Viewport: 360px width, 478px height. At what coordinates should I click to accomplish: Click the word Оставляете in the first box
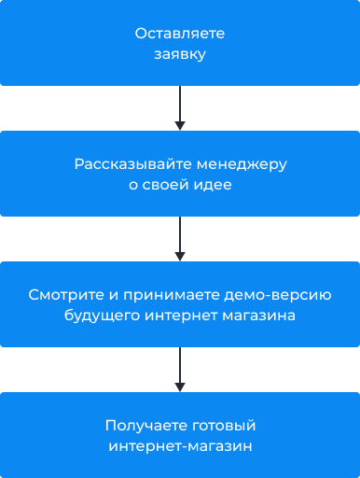180,34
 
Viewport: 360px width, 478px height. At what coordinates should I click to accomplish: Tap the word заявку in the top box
180,54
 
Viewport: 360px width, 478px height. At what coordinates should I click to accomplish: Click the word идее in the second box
214,185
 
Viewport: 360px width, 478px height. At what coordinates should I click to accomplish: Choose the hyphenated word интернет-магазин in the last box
180,446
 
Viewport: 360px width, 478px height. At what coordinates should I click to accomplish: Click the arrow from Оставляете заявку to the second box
180,106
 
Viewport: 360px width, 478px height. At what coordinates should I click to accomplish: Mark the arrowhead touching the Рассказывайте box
180,125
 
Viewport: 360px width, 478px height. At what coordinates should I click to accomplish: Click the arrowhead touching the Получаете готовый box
180,387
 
